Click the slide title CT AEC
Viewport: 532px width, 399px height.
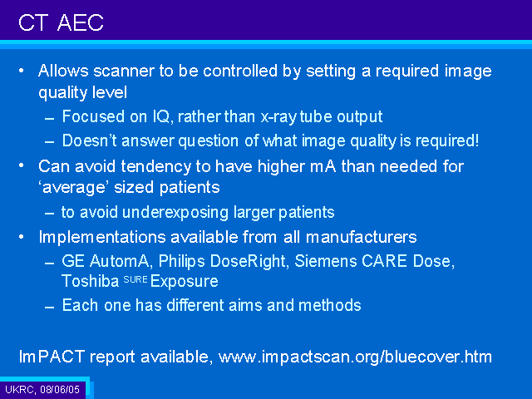click(61, 22)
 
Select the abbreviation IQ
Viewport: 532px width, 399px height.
click(163, 117)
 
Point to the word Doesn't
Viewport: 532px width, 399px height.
click(90, 140)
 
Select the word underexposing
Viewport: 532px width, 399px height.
click(175, 213)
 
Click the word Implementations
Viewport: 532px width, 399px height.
click(102, 237)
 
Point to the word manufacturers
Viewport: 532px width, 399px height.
click(362, 237)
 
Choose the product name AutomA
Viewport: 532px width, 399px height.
click(119, 261)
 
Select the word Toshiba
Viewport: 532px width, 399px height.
click(91, 281)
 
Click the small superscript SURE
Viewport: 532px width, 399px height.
click(135, 279)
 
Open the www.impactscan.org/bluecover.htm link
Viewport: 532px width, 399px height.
click(355, 357)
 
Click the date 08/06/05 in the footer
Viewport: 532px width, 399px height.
click(60, 389)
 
